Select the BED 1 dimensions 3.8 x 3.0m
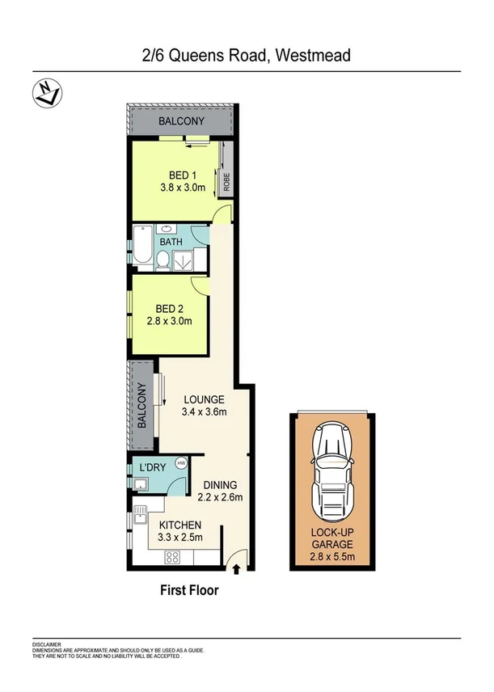[x=182, y=189]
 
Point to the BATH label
[x=171, y=242]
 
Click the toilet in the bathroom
[x=163, y=259]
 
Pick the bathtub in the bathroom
[x=142, y=248]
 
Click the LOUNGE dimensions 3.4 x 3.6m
[x=204, y=412]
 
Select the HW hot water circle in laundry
[x=181, y=463]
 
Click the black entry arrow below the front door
[x=236, y=570]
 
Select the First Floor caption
[x=188, y=591]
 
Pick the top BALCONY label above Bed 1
[x=181, y=122]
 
